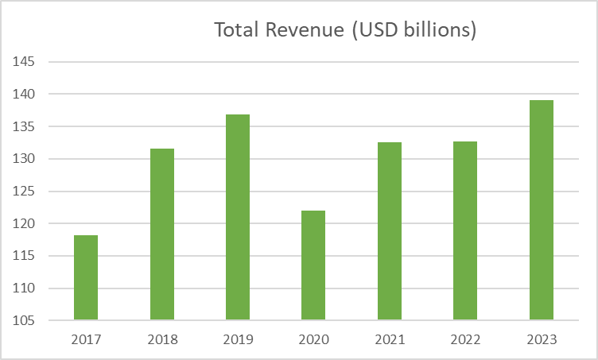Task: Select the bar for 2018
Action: click(162, 234)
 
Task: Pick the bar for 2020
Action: click(313, 265)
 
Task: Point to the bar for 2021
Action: click(390, 231)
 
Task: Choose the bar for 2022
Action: click(465, 230)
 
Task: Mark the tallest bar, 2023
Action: click(542, 210)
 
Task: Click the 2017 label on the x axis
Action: click(86, 339)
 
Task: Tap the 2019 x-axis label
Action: click(238, 339)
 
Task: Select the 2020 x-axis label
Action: click(313, 339)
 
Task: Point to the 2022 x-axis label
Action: click(465, 339)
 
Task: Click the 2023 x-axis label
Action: click(542, 339)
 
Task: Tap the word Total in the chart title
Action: click(236, 31)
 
